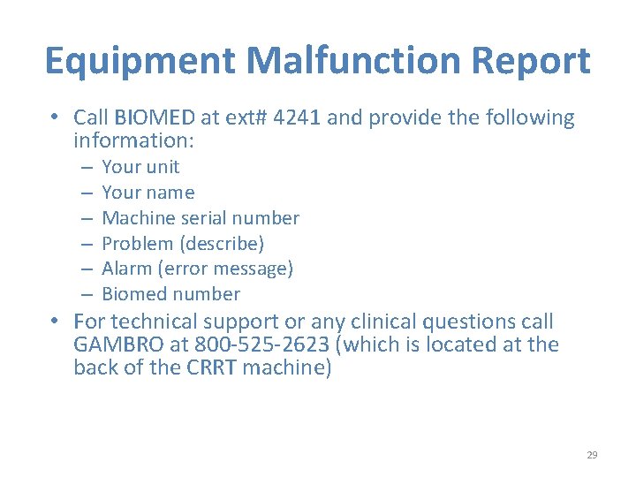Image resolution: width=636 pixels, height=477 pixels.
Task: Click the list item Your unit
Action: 140,167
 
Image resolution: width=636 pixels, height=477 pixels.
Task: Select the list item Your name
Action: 148,193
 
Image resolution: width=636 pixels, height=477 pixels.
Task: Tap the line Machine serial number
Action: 201,218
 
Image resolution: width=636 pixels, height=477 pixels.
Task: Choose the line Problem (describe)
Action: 183,244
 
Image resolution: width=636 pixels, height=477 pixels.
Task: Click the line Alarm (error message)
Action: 197,269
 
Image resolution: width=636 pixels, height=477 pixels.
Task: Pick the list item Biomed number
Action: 170,294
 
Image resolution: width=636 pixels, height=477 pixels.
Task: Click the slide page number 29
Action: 592,455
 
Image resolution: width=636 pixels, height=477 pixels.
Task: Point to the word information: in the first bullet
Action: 133,141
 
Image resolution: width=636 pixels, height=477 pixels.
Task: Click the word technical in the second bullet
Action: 154,322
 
